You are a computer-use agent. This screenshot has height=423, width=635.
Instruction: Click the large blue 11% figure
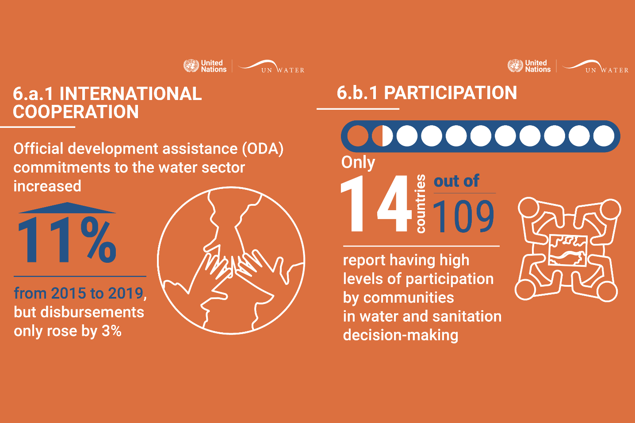pyautogui.click(x=67, y=240)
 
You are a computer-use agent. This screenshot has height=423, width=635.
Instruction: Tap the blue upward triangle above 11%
pyautogui.click(x=67, y=208)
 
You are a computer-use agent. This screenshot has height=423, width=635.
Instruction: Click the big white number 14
pyautogui.click(x=376, y=204)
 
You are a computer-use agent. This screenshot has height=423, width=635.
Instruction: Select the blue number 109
pyautogui.click(x=463, y=216)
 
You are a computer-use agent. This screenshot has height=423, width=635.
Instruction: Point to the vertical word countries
pyautogui.click(x=421, y=204)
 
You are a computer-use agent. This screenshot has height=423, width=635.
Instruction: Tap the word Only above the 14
pyautogui.click(x=358, y=162)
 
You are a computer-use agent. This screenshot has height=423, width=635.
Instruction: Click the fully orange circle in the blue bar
pyautogui.click(x=358, y=136)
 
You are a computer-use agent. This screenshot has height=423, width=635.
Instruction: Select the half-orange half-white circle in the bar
pyautogui.click(x=382, y=136)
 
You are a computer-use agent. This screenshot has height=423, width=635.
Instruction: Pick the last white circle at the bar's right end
pyautogui.click(x=604, y=136)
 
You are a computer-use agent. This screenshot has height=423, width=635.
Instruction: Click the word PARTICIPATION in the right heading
pyautogui.click(x=451, y=93)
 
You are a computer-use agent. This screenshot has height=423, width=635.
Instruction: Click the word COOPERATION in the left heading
pyautogui.click(x=76, y=112)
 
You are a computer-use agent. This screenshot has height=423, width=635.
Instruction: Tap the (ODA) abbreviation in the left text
pyautogui.click(x=263, y=149)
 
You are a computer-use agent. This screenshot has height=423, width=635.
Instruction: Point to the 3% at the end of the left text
pyautogui.click(x=112, y=331)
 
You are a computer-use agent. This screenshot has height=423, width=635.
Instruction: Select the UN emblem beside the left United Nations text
pyautogui.click(x=191, y=66)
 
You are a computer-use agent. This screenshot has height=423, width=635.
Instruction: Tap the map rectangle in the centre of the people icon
pyautogui.click(x=567, y=250)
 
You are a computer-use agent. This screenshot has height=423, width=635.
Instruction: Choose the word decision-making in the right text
pyautogui.click(x=401, y=335)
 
